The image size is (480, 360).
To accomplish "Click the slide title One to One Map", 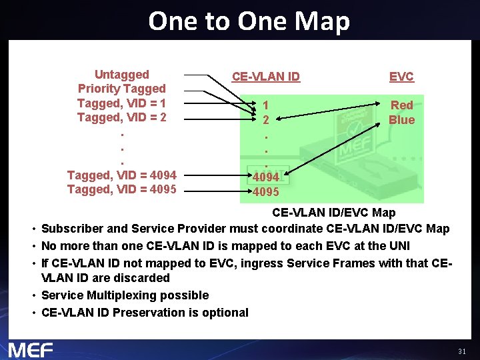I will pyautogui.click(x=249, y=21).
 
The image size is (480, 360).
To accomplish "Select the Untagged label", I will pyautogui.click(x=121, y=75).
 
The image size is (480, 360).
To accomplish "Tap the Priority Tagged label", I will pyautogui.click(x=121, y=89).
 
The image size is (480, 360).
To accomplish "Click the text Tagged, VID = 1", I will pyautogui.click(x=121, y=103).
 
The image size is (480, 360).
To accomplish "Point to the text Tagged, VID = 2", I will pyautogui.click(x=121, y=118).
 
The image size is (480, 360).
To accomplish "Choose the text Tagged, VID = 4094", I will pyautogui.click(x=121, y=175).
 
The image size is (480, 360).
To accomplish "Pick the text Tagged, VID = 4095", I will pyautogui.click(x=121, y=189).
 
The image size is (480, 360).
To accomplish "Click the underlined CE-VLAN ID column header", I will pyautogui.click(x=266, y=77).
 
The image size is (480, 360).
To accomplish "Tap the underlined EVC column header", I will pyautogui.click(x=401, y=77).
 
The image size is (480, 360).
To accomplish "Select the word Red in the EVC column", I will pyautogui.click(x=401, y=105).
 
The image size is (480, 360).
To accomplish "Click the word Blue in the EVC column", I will pyautogui.click(x=401, y=120).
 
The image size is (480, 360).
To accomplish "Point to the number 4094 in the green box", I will pyautogui.click(x=265, y=178).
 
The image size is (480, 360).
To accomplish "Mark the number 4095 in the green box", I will pyautogui.click(x=265, y=192).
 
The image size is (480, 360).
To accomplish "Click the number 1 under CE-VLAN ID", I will pyautogui.click(x=266, y=105).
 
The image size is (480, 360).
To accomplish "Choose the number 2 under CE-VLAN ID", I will pyautogui.click(x=266, y=121).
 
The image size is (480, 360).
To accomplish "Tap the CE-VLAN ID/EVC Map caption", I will pyautogui.click(x=333, y=213).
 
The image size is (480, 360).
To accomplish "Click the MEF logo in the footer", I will pyautogui.click(x=31, y=349).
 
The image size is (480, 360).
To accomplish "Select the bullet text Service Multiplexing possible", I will pyautogui.click(x=125, y=295).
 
